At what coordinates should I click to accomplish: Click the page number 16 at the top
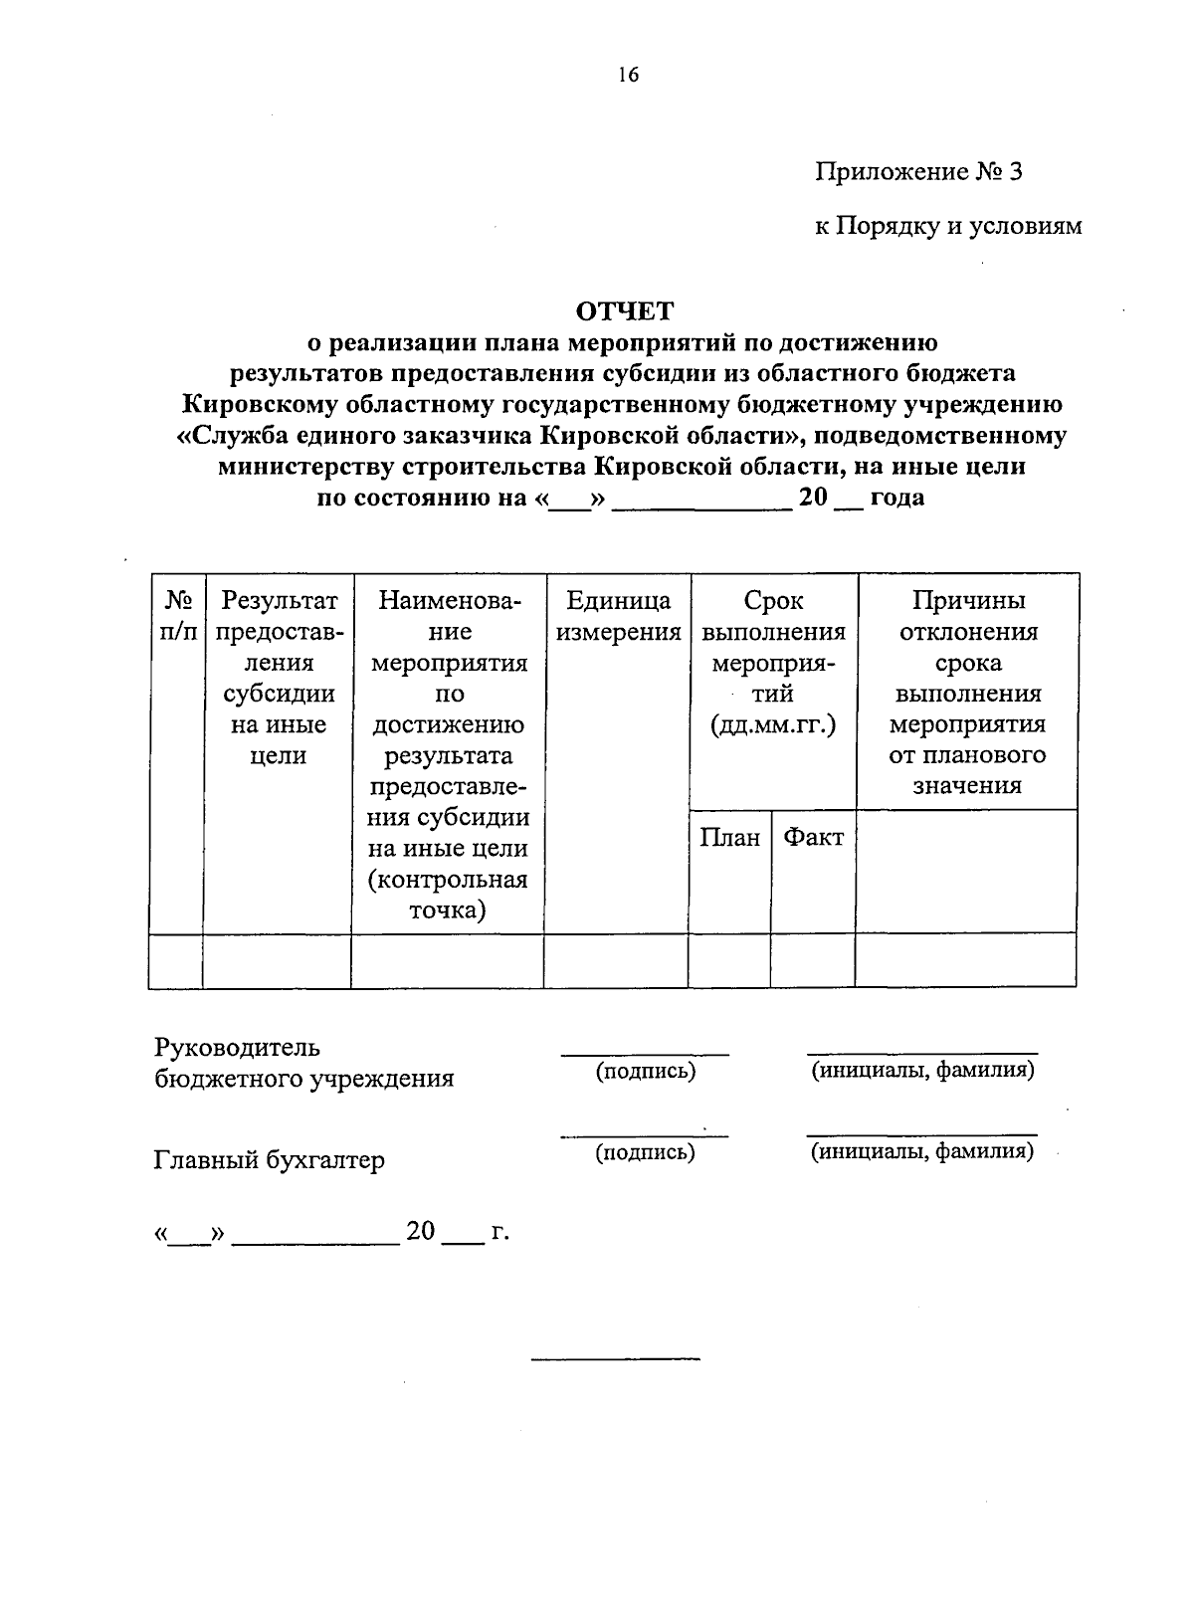pyautogui.click(x=627, y=76)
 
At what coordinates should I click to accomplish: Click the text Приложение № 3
pyautogui.click(x=918, y=172)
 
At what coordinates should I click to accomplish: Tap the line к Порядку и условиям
pyautogui.click(x=948, y=227)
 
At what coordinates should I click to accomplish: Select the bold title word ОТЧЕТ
pyautogui.click(x=626, y=311)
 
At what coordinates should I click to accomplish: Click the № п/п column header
pyautogui.click(x=177, y=616)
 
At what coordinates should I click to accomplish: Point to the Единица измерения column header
pyautogui.click(x=617, y=616)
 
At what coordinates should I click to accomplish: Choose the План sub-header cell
pyautogui.click(x=729, y=838)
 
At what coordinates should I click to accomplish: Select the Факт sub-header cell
pyautogui.click(x=813, y=838)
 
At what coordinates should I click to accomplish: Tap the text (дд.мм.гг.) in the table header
pyautogui.click(x=772, y=725)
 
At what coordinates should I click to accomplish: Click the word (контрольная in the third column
pyautogui.click(x=448, y=880)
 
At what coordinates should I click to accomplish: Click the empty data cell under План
pyautogui.click(x=729, y=960)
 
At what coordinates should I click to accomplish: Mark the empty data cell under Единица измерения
pyautogui.click(x=616, y=960)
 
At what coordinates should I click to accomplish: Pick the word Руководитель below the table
pyautogui.click(x=238, y=1047)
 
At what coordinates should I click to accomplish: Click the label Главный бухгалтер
pyautogui.click(x=269, y=1160)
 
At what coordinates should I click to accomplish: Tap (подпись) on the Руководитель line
pyautogui.click(x=645, y=1071)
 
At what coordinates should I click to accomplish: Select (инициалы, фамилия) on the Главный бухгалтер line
pyautogui.click(x=921, y=1152)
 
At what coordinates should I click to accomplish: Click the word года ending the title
pyautogui.click(x=896, y=498)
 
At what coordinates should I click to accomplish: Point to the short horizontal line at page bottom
pyautogui.click(x=616, y=1358)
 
